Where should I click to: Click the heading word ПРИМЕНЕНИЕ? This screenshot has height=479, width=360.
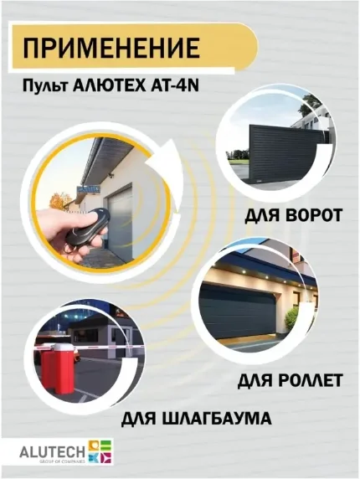111,47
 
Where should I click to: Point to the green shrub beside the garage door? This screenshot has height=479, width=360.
291,317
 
